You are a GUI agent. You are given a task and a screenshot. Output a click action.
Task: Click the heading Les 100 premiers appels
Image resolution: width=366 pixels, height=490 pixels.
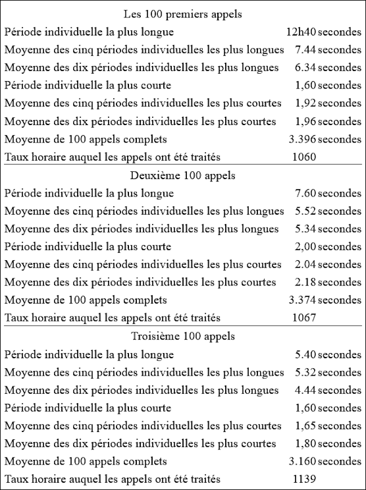pyautogui.click(x=182, y=15)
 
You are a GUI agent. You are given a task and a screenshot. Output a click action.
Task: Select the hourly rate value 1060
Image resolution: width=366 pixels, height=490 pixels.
pyautogui.click(x=305, y=157)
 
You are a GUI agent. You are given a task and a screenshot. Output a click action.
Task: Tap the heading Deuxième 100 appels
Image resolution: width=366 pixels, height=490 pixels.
pyautogui.click(x=182, y=176)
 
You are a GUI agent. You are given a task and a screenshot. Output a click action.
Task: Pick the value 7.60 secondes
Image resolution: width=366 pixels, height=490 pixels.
pyautogui.click(x=328, y=194)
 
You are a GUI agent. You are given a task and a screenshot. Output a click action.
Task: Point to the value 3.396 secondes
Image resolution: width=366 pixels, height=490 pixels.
pyautogui.click(x=325, y=139)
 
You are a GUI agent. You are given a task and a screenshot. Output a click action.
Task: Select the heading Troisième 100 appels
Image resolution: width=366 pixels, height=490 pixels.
pyautogui.click(x=182, y=337)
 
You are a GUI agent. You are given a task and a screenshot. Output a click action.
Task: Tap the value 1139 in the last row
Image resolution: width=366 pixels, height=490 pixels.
pyautogui.click(x=305, y=479)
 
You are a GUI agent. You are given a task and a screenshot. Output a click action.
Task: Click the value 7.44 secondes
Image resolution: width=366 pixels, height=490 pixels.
pyautogui.click(x=328, y=50)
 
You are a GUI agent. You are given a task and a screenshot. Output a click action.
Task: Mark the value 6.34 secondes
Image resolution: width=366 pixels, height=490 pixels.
pyautogui.click(x=328, y=68)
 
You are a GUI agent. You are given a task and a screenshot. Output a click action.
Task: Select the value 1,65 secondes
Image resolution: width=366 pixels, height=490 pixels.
pyautogui.click(x=328, y=426)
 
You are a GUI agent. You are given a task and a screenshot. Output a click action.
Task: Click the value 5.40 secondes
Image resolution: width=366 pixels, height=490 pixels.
pyautogui.click(x=328, y=355)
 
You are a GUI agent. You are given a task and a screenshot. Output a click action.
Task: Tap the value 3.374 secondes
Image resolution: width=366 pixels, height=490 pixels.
pyautogui.click(x=325, y=300)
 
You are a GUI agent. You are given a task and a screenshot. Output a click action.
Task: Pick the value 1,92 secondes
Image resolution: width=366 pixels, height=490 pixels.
pyautogui.click(x=328, y=104)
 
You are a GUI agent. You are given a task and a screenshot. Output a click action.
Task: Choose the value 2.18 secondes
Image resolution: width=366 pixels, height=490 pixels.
pyautogui.click(x=328, y=282)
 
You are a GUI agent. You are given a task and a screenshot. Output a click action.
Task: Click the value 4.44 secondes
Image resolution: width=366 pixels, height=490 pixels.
pyautogui.click(x=328, y=390)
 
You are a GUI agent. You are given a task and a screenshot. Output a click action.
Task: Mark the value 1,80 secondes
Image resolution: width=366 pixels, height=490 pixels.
pyautogui.click(x=328, y=444)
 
